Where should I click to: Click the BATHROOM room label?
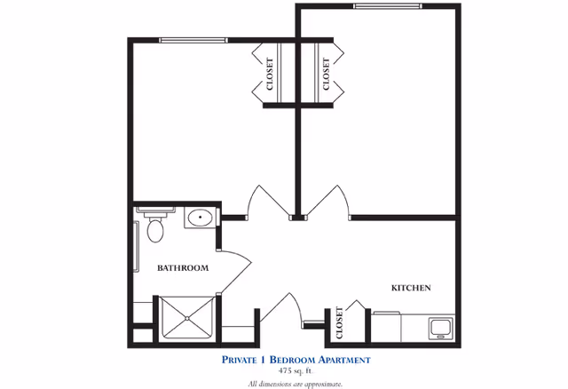(x=183, y=267)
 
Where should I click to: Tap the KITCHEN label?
(x=411, y=288)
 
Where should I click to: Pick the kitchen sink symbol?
(x=439, y=327)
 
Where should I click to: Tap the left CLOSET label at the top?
(x=270, y=75)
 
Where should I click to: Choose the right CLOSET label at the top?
(x=326, y=75)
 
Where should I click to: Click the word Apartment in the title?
(x=335, y=360)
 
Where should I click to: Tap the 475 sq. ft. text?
(x=296, y=370)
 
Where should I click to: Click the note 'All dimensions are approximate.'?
(x=296, y=383)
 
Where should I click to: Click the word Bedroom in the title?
(x=288, y=360)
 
